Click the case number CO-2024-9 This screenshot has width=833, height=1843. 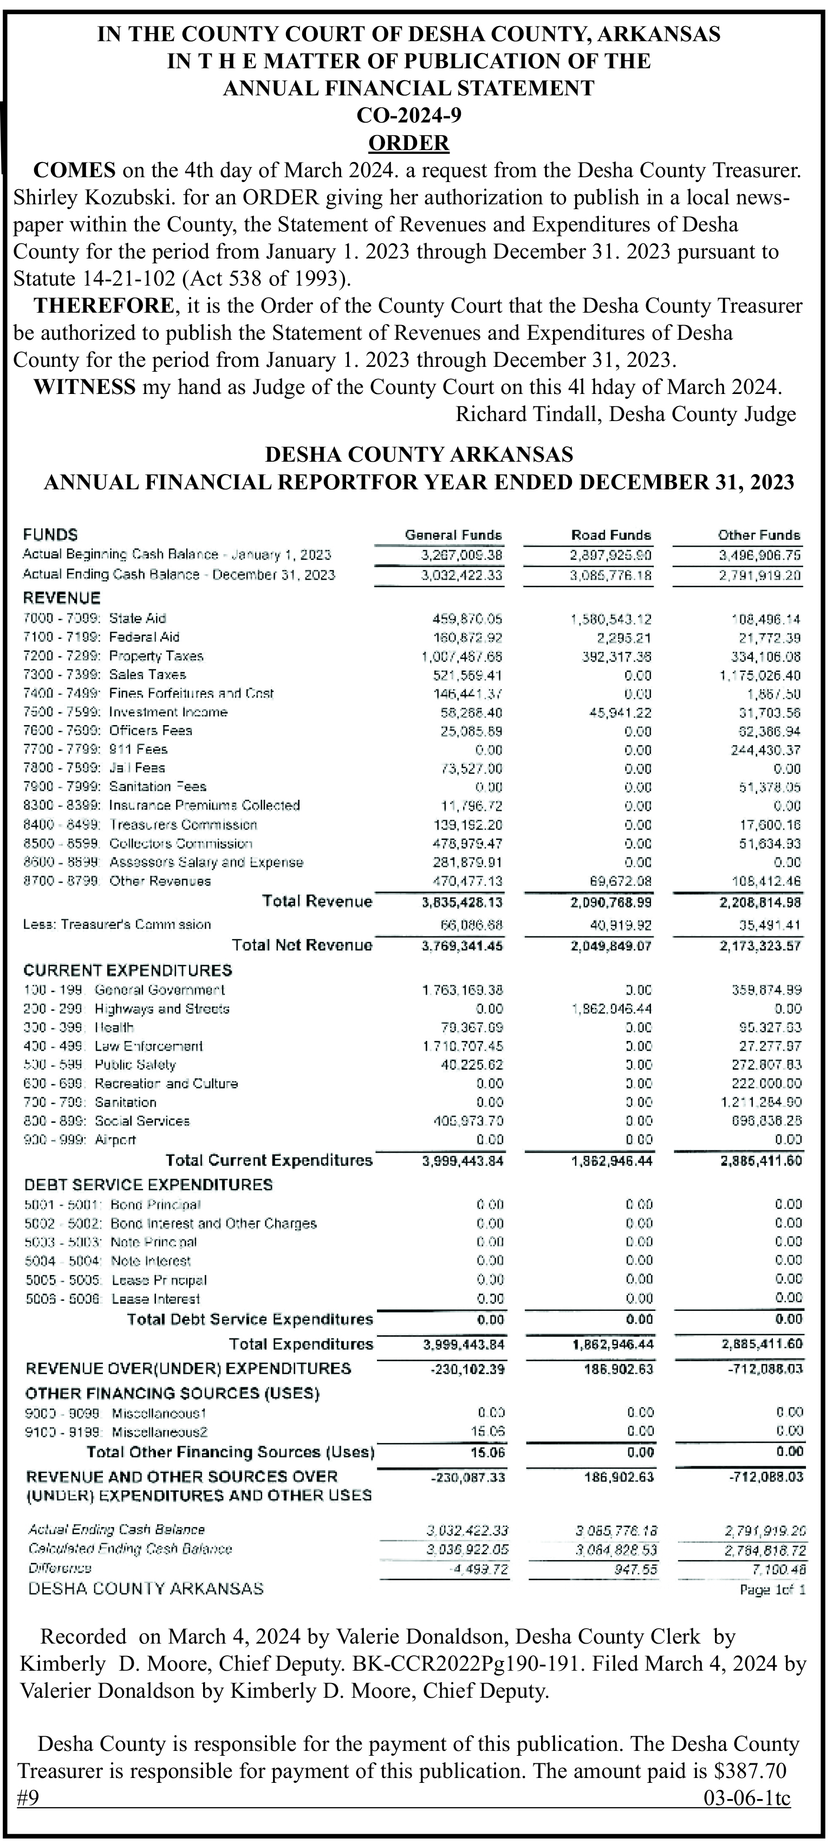pyautogui.click(x=408, y=115)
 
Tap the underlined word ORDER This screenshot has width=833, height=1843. pyautogui.click(x=408, y=143)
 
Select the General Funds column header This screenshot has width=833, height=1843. pyautogui.click(x=453, y=535)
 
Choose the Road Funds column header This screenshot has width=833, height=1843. pyautogui.click(x=610, y=535)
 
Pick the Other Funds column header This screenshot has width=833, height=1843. pyautogui.click(x=759, y=535)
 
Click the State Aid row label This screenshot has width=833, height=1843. pyautogui.click(x=137, y=618)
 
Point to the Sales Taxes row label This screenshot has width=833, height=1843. pyautogui.click(x=147, y=675)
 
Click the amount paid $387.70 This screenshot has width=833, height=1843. pyautogui.click(x=750, y=1771)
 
